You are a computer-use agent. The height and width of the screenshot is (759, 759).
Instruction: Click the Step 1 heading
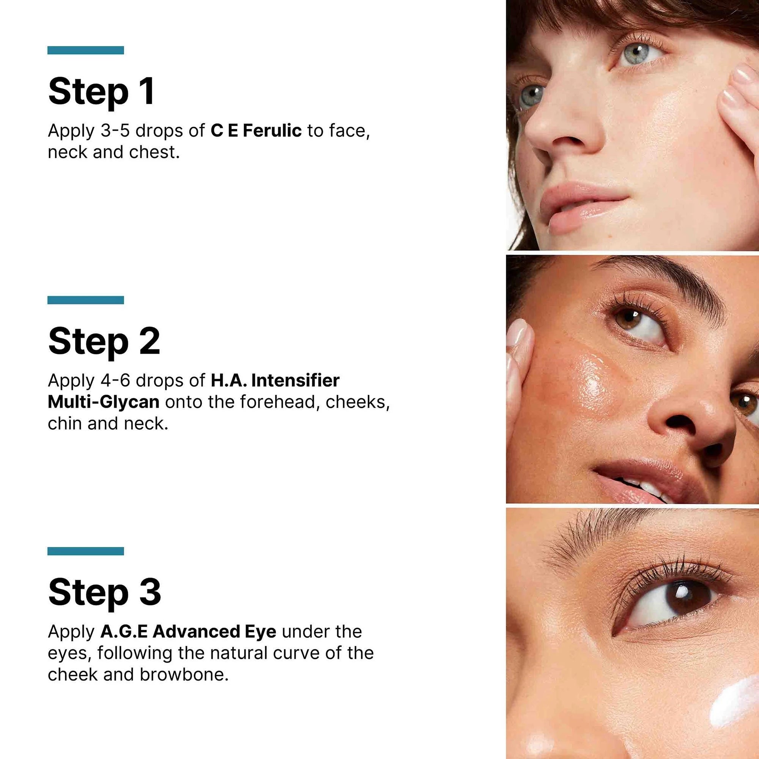point(101,92)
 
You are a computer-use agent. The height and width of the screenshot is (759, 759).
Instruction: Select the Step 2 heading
point(104,342)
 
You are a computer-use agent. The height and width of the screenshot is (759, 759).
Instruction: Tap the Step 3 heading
point(104,592)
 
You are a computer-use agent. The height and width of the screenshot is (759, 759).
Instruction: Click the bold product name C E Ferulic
point(256,131)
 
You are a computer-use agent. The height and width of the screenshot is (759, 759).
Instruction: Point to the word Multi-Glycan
point(103,402)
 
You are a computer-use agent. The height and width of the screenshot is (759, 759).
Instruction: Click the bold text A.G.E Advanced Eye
point(188,632)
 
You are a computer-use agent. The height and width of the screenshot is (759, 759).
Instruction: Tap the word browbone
point(184,674)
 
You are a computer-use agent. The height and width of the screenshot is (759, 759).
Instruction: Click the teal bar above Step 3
point(86,551)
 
